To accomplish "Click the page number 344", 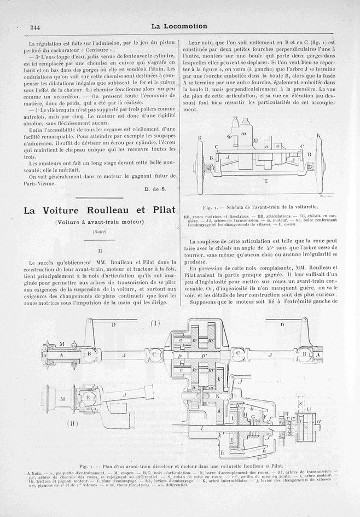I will coord(22,27).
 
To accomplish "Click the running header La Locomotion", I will coord(179,26).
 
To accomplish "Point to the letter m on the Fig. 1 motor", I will coord(244,135).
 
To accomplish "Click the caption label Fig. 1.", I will coord(209,208).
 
